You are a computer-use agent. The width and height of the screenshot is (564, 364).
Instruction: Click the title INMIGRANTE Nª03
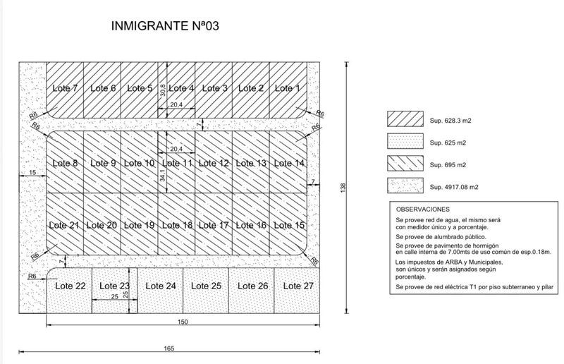pos(165,26)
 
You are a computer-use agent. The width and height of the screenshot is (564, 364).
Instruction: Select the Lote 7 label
pos(65,88)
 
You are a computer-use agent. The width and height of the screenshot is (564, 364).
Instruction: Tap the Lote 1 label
pos(287,88)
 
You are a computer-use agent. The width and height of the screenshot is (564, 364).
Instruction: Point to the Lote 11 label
pos(177,163)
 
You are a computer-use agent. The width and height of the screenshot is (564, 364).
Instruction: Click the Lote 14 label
pos(289,163)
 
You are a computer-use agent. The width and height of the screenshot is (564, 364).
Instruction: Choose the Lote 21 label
pos(64,226)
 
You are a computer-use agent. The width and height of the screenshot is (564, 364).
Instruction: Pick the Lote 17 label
pos(214,226)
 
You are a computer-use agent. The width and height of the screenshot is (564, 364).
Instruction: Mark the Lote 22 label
pos(70,286)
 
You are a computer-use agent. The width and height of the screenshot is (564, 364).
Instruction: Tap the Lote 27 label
pos(298,286)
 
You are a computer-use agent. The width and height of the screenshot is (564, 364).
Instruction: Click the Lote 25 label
pos(206,286)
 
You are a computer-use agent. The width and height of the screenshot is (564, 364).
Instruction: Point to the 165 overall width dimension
pos(169,348)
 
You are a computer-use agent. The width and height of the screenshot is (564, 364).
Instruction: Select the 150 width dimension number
pos(183,322)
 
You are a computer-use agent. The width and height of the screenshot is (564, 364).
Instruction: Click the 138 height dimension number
pos(343,188)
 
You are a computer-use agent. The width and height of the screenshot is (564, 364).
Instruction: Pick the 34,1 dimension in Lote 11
pos(163,176)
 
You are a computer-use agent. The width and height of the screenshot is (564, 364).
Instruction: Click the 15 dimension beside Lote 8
pos(32,172)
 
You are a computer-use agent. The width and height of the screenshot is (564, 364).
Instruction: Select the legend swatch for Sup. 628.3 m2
pos(405,119)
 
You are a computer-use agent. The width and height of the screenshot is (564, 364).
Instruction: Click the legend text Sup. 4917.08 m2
pos(454,187)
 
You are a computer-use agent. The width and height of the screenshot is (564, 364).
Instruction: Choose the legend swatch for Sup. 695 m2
pos(405,164)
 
